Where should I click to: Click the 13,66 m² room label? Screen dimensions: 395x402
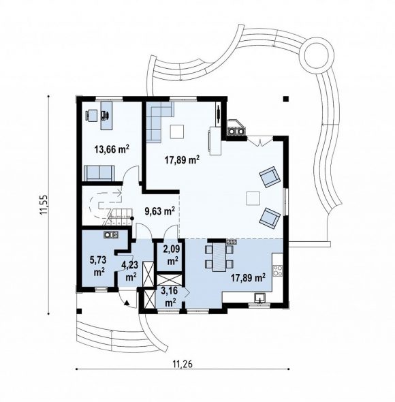[112, 149]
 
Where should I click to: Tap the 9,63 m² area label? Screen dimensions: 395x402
[159, 211]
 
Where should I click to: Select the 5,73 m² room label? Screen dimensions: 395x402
[98, 266]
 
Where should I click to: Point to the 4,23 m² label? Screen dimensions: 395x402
[131, 271]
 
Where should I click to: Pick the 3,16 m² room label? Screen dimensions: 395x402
[170, 296]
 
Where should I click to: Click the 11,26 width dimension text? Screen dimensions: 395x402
[183, 364]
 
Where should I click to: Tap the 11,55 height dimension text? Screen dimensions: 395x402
[44, 204]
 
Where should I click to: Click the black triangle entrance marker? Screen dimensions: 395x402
[127, 303]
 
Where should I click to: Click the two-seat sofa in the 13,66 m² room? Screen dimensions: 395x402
[99, 173]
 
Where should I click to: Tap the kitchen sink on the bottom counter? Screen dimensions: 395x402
[260, 298]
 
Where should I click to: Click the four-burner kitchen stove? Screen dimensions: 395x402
[278, 270]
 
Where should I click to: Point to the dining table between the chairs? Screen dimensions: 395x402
[219, 257]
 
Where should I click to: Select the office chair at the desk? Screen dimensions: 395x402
[106, 115]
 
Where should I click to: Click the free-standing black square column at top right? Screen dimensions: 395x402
[286, 99]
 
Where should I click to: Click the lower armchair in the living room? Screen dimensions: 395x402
[269, 217]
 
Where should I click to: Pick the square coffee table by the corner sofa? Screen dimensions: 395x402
[177, 132]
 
